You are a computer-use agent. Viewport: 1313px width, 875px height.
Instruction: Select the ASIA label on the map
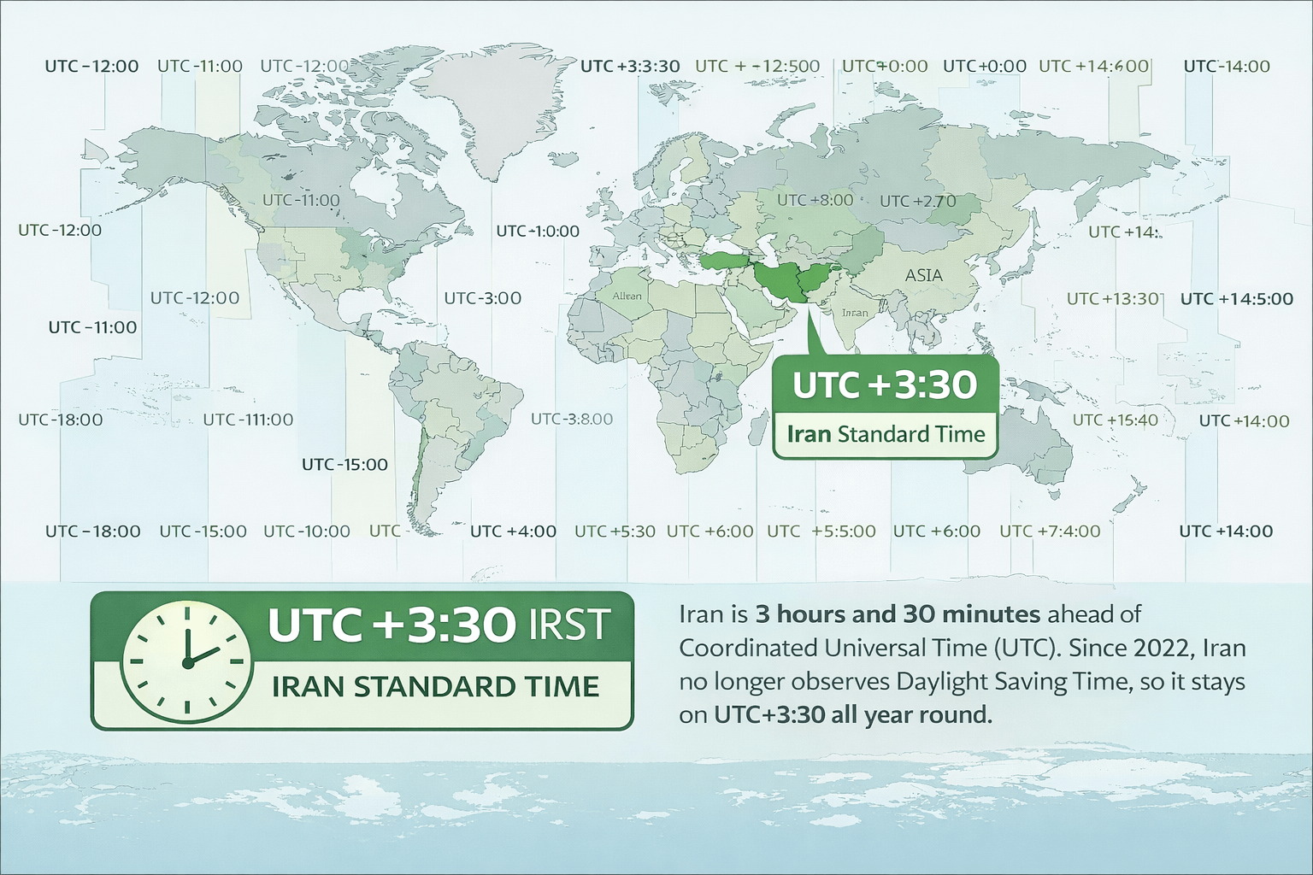924,275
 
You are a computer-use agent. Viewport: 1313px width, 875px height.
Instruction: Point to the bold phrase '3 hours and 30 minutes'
898,614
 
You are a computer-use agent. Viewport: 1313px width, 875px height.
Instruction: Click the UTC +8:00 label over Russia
815,200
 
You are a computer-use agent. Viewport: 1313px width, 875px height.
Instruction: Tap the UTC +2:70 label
918,201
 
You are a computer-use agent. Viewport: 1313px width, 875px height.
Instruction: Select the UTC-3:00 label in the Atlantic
483,298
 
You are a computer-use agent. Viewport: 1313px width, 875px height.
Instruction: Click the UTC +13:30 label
1113,298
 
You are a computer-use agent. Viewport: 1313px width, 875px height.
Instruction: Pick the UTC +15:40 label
1115,420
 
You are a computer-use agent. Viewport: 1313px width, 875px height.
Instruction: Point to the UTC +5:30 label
615,531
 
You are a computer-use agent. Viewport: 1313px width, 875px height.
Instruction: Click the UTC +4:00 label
513,531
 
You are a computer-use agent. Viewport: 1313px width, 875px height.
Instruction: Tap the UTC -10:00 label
307,531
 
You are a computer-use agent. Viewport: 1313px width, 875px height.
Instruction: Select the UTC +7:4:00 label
1050,531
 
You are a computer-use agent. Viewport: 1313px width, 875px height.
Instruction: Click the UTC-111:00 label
248,420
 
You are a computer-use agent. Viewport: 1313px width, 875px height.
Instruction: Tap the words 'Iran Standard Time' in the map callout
886,434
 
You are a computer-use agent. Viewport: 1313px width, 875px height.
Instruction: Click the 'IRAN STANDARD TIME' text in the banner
435,687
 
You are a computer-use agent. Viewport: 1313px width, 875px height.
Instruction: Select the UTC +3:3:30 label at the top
630,67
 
